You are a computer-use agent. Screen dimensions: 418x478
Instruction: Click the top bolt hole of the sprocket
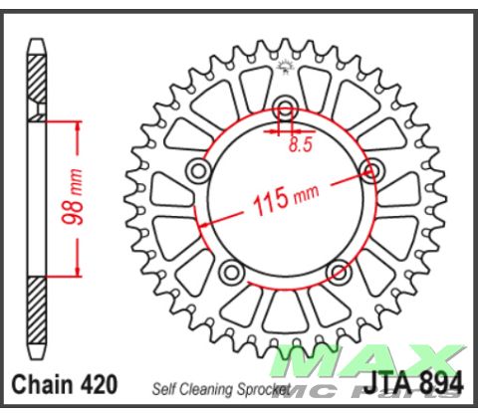(287, 110)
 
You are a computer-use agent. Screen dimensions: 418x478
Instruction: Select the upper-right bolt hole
(372, 170)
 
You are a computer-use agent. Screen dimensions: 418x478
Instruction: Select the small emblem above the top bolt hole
(287, 68)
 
